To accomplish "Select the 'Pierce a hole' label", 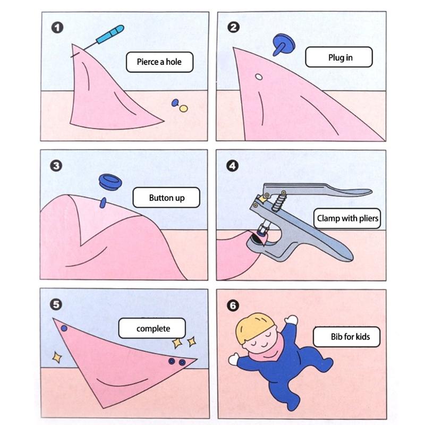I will pyautogui.click(x=159, y=62).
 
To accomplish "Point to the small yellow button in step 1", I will pyautogui.click(x=184, y=108).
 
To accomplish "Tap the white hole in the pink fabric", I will pyautogui.click(x=259, y=78).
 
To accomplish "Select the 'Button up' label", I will pyautogui.click(x=166, y=198).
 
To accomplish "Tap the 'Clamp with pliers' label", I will pyautogui.click(x=348, y=218).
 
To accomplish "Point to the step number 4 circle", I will pyautogui.click(x=232, y=165).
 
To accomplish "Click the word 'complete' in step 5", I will pyautogui.click(x=153, y=328).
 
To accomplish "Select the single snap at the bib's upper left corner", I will pyautogui.click(x=64, y=329).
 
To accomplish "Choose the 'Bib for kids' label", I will pyautogui.click(x=348, y=336).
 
